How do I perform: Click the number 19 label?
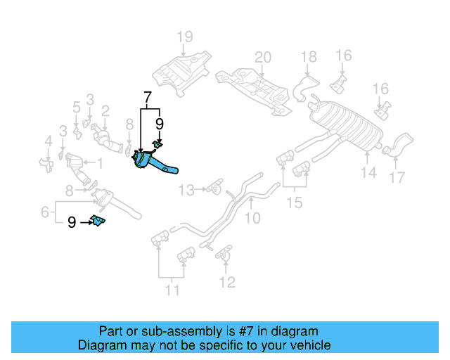coord(184,37)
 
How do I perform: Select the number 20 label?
coord(262,57)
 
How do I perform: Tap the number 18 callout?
coord(309,57)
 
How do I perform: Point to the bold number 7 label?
coord(147,97)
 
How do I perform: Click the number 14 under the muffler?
coord(369,172)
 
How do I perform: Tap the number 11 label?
coord(172,288)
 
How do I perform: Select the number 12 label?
coord(226,283)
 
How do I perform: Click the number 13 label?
coord(186,189)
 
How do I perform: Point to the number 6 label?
coord(44,210)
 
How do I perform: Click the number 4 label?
coord(48,143)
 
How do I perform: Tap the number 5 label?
coord(76,108)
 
